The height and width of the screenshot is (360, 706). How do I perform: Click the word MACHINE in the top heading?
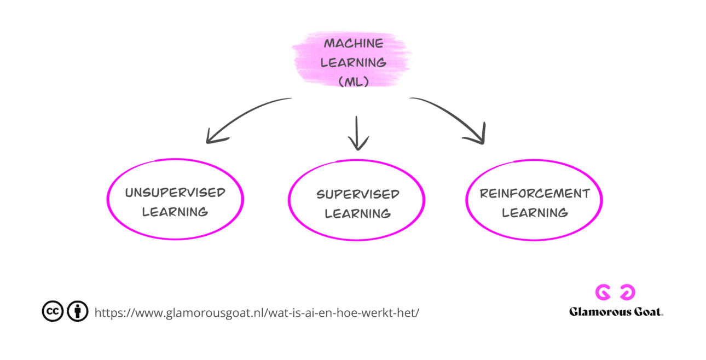(x=354, y=43)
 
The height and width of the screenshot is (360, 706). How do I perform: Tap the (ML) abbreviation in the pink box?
(x=353, y=82)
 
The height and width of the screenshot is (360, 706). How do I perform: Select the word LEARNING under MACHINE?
(x=353, y=62)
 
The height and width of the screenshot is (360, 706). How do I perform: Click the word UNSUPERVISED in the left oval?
(x=175, y=193)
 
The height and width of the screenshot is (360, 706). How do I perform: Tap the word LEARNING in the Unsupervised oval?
(x=175, y=212)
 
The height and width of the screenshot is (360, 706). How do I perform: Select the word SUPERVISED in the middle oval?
(x=358, y=195)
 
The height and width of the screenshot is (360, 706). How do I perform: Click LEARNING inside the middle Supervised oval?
(x=358, y=214)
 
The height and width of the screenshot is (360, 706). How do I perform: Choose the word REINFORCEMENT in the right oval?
(x=535, y=194)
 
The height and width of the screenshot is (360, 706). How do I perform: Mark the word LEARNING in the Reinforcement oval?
(x=535, y=213)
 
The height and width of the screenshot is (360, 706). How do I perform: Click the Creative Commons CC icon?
(x=53, y=311)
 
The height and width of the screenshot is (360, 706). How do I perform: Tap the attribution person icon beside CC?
(x=78, y=311)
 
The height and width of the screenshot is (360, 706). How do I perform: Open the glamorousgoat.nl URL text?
(x=257, y=313)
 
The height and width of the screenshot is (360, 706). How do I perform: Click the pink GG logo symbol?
(x=615, y=293)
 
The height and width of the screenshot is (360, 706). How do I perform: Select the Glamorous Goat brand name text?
(x=616, y=312)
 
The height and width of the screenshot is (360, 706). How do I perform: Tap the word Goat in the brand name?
(x=647, y=312)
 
